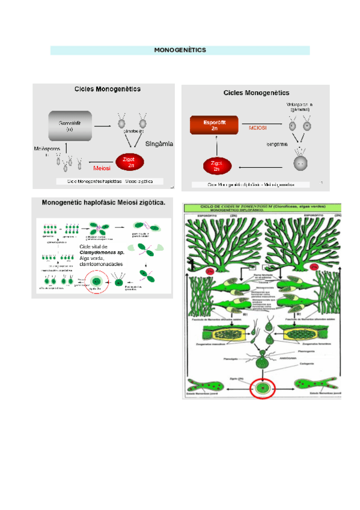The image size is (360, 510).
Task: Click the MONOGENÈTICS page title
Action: pos(180,50)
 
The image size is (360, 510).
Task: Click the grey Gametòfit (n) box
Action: pos(67,125)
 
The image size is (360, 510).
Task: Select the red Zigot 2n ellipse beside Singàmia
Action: pos(127,162)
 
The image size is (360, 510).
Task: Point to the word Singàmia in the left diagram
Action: pos(159,144)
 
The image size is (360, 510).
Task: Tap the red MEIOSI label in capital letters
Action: pos(258,127)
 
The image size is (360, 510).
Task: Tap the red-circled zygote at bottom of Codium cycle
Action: pos(262,389)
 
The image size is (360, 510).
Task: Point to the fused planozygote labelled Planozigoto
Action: pos(263,361)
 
